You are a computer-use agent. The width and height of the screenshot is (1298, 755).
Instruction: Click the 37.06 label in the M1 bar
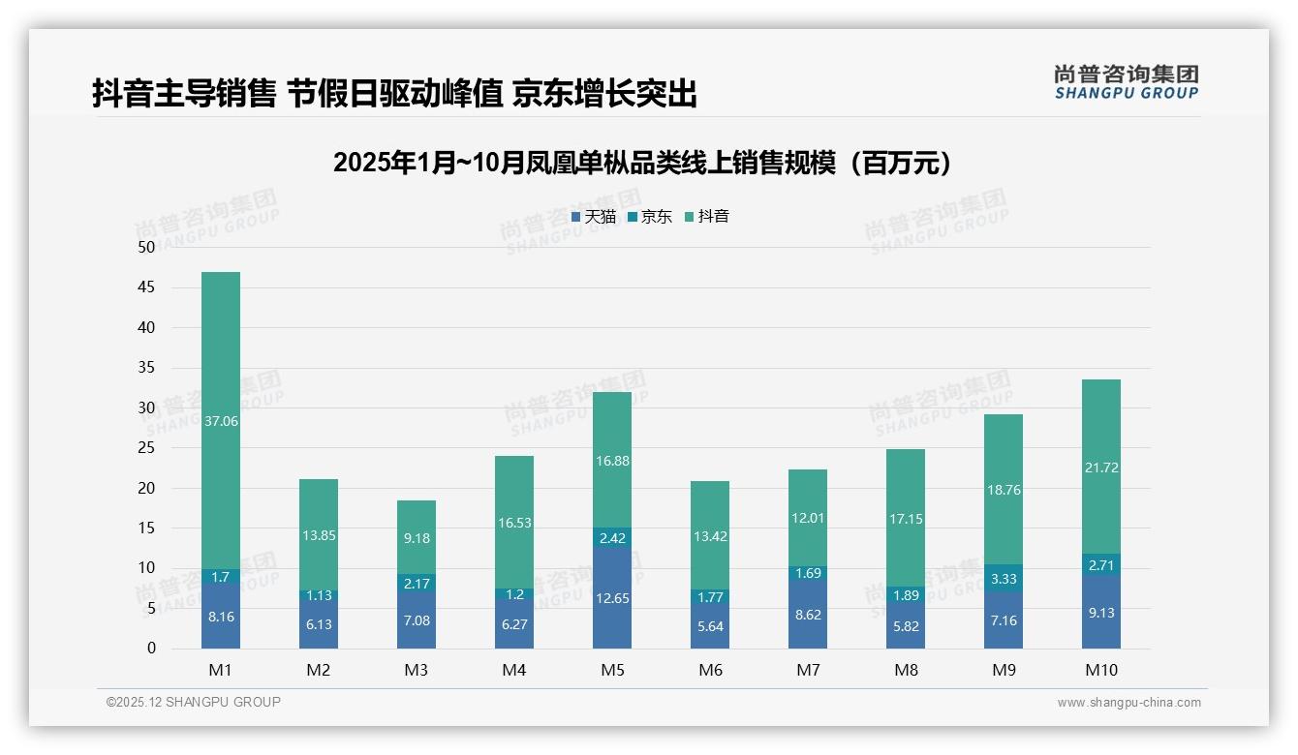(x=221, y=421)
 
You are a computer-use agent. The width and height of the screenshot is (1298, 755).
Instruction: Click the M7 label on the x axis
(x=808, y=670)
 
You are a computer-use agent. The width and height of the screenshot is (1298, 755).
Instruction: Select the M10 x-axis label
(x=1100, y=670)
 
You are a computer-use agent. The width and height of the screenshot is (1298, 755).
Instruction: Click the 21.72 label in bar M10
(x=1100, y=468)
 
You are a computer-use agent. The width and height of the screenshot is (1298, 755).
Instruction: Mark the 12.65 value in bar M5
(x=611, y=598)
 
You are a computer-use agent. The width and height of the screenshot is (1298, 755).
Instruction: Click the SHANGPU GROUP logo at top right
(x=1126, y=81)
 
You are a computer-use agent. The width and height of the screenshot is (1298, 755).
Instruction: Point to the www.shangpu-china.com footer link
(x=1128, y=703)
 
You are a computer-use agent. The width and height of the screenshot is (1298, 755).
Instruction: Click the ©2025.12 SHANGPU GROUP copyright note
(x=194, y=703)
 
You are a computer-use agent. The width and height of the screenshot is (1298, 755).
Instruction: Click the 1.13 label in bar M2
(x=319, y=595)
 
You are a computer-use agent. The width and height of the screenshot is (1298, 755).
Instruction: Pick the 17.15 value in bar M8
(x=905, y=519)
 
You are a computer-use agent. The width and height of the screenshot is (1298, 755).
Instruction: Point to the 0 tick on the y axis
(x=151, y=649)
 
